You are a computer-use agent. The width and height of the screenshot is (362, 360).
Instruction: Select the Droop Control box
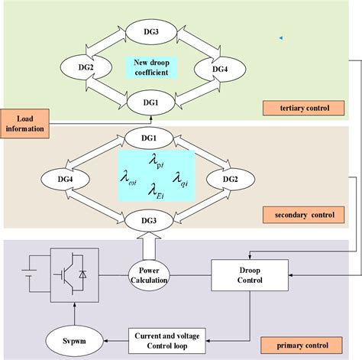(x=242, y=274)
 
